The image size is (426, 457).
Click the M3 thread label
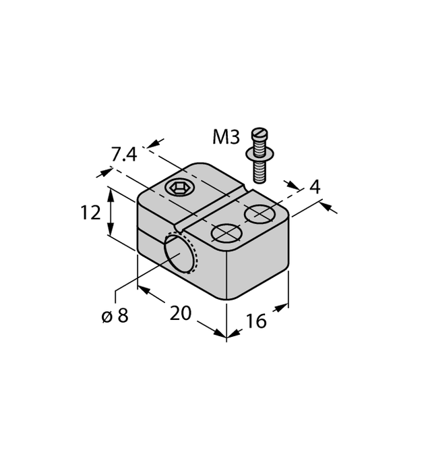tap(226, 138)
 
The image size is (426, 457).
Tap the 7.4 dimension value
tap(124, 155)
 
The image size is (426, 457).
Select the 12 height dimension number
tap(90, 213)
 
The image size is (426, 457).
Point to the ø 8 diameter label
tap(115, 315)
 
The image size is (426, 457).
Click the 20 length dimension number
tap(181, 313)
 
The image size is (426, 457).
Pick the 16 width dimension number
tap(256, 321)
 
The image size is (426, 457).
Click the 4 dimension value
tap(315, 187)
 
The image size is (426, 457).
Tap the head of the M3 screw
tap(259, 134)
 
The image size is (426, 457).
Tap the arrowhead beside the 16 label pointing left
tap(233, 333)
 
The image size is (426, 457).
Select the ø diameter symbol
tap(106, 316)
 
